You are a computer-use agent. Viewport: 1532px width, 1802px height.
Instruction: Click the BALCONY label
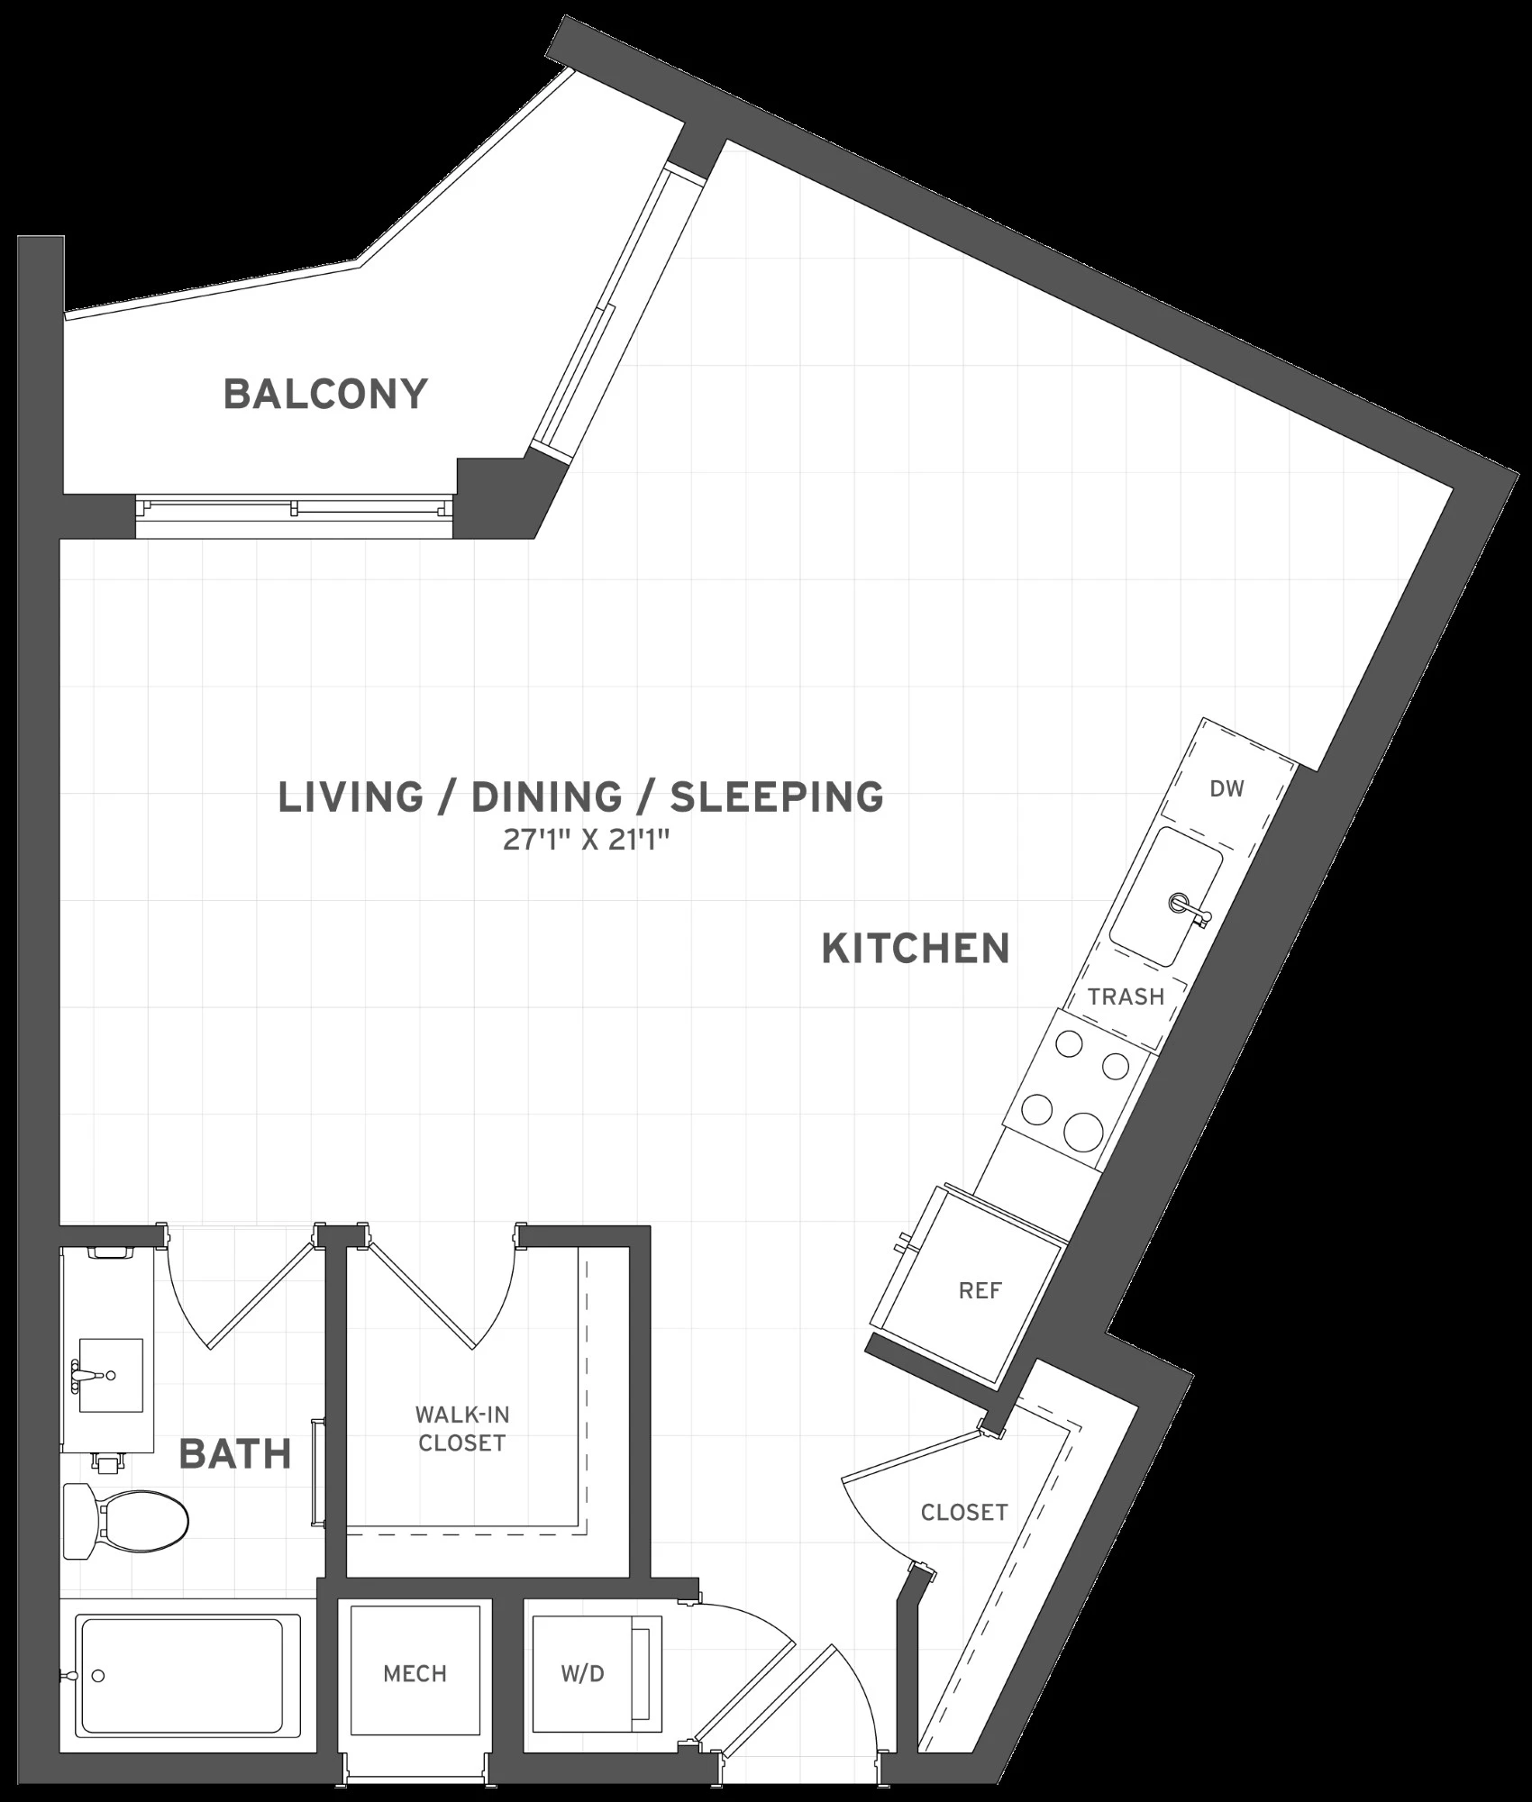click(x=325, y=395)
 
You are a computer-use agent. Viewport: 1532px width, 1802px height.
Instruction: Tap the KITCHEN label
click(x=916, y=949)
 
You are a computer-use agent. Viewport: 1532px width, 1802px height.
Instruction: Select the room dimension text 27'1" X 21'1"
click(x=585, y=842)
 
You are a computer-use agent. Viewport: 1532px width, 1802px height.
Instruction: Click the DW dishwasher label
click(x=1227, y=789)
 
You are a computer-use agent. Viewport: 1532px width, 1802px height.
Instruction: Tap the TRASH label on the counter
click(x=1126, y=997)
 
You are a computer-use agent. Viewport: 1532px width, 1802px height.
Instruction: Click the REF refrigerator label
click(x=980, y=1291)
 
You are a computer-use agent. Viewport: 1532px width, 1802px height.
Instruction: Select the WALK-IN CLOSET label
click(x=461, y=1429)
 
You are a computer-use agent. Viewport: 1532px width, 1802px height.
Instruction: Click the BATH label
click(x=235, y=1454)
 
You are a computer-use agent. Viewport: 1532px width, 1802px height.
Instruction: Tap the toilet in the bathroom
click(x=126, y=1522)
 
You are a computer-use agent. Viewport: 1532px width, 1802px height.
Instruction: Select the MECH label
click(x=415, y=1674)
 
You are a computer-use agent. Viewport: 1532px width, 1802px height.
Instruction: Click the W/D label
click(x=582, y=1674)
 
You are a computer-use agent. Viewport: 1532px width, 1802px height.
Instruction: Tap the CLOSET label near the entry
click(x=964, y=1512)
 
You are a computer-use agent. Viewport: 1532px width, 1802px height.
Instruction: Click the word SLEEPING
click(x=777, y=797)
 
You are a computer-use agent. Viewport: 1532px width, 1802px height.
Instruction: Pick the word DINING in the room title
click(x=547, y=797)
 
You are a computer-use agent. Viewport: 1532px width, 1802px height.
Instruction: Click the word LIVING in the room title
click(x=351, y=797)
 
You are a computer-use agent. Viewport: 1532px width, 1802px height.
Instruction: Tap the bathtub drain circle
click(x=98, y=1676)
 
